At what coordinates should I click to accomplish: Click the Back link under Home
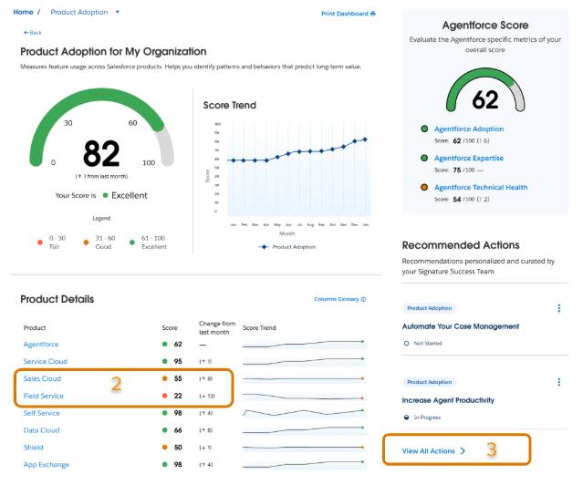(33, 32)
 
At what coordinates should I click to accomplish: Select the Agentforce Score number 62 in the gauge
(484, 98)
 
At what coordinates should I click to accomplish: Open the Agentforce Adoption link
(468, 129)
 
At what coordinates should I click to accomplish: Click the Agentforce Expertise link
(469, 158)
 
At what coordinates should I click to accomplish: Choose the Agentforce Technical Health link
(480, 188)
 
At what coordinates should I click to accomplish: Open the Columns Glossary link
(339, 299)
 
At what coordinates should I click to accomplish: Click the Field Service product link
(43, 395)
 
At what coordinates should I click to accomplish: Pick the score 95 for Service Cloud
(177, 361)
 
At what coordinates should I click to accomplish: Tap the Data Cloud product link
(41, 429)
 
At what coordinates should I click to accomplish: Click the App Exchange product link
(46, 464)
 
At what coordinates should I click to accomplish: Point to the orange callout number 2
(116, 385)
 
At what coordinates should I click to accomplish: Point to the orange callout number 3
(491, 449)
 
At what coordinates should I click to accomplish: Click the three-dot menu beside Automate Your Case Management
(558, 308)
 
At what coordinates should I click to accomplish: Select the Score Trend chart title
(229, 105)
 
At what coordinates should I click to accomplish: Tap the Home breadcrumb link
(23, 13)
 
